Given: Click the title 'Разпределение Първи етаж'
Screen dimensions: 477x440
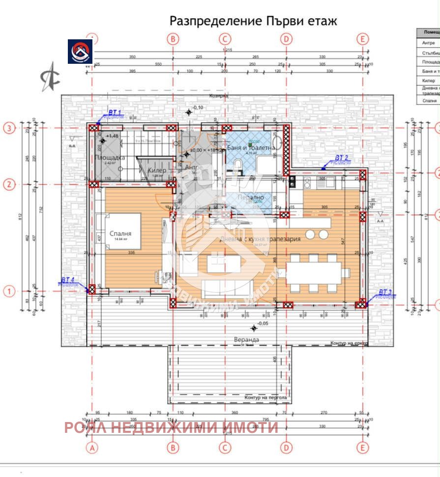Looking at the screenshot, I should pyautogui.click(x=253, y=21).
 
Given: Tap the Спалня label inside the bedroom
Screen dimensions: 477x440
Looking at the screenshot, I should pyautogui.click(x=120, y=234).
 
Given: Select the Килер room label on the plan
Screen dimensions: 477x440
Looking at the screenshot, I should pyautogui.click(x=157, y=170).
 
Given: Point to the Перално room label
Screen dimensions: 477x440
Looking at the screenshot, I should pyautogui.click(x=250, y=197).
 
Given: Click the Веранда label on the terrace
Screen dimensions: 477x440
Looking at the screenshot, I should pyautogui.click(x=247, y=340).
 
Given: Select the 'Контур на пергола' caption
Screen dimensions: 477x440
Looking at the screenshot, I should pyautogui.click(x=265, y=397).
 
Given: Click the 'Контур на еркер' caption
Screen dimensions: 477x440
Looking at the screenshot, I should pyautogui.click(x=349, y=344).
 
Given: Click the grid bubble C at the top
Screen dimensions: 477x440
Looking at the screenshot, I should pyautogui.click(x=225, y=39).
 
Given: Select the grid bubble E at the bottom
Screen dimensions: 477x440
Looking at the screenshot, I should pyautogui.click(x=363, y=447).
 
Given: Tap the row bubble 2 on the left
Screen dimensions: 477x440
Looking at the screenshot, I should pyautogui.click(x=8, y=185).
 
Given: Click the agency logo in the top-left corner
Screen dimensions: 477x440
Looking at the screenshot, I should pyautogui.click(x=80, y=52).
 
